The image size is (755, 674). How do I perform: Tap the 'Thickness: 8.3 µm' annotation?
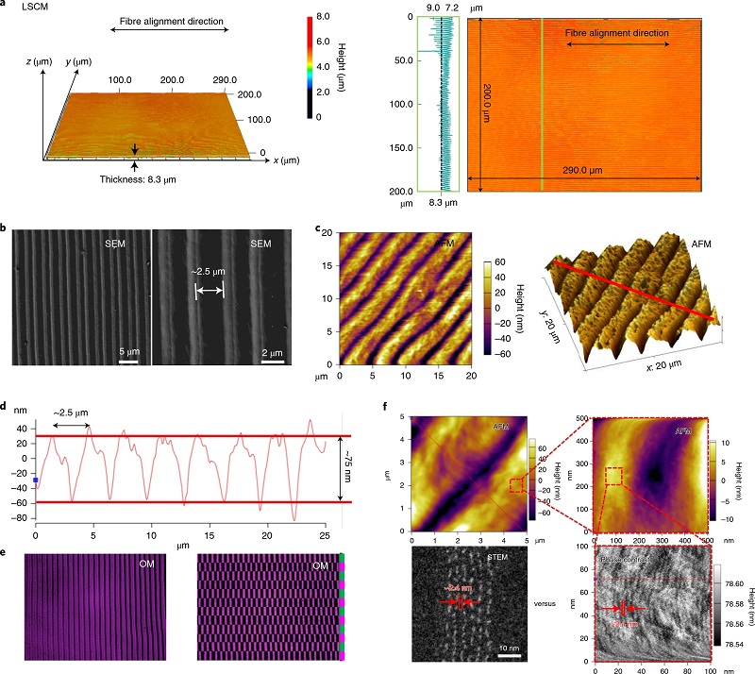pyautogui.click(x=138, y=177)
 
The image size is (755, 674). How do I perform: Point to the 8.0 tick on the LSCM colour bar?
pyautogui.click(x=324, y=17)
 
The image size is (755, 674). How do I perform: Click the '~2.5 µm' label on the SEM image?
pyautogui.click(x=210, y=277)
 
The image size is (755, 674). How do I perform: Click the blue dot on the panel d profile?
pyautogui.click(x=35, y=480)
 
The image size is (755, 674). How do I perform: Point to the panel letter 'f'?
pyautogui.click(x=381, y=408)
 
